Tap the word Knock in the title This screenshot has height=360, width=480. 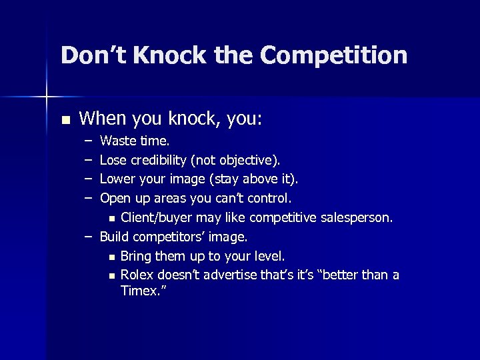click(x=173, y=55)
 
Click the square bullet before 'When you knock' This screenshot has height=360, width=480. click(x=65, y=120)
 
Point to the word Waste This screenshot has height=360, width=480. click(x=117, y=141)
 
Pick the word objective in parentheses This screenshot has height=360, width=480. click(x=246, y=160)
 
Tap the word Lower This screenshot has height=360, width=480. click(x=117, y=179)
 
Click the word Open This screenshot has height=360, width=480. click(x=115, y=198)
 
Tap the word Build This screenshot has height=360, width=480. click(x=115, y=237)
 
